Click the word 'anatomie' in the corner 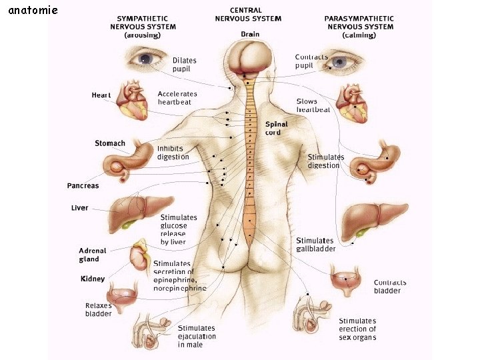[x=33, y=10]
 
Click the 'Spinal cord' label [x=277, y=128]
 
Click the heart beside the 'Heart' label [x=132, y=101]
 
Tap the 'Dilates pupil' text [x=184, y=64]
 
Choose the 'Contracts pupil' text [x=311, y=61]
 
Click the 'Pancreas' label [x=83, y=185]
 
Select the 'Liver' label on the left [x=80, y=208]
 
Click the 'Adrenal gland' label [x=93, y=255]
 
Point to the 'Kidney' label [x=93, y=279]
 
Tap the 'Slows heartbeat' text [x=313, y=105]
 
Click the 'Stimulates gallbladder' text [x=315, y=245]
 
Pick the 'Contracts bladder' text [x=390, y=287]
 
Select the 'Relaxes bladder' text [x=99, y=309]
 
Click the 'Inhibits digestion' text [x=173, y=153]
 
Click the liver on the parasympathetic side [x=373, y=219]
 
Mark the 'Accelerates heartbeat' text [x=178, y=98]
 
